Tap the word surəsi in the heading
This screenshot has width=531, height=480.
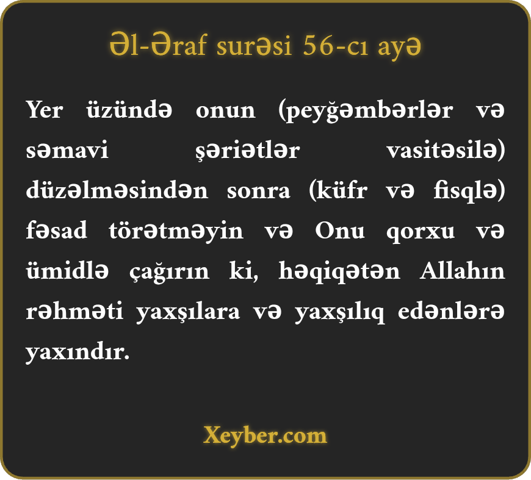pos(254,46)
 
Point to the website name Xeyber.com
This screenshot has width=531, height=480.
pos(265,435)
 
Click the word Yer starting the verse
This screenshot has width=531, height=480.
pos(45,110)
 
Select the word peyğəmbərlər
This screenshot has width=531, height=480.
pos(366,110)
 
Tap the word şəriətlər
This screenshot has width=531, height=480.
pos(248,151)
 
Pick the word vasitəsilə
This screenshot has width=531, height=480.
pos(446,150)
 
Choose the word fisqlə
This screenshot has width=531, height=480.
pos(469,191)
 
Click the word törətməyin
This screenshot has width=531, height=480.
pos(176,231)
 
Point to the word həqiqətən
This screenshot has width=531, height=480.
pos(339,271)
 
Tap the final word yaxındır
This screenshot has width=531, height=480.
pos(78,352)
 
